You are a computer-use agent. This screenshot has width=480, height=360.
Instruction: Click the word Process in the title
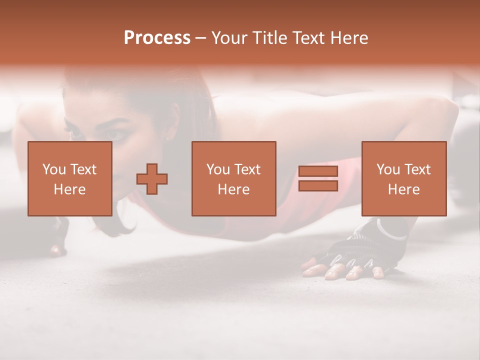coord(157,38)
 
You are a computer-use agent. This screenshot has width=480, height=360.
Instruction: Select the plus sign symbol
coord(152,179)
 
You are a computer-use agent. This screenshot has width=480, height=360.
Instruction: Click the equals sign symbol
coord(318,179)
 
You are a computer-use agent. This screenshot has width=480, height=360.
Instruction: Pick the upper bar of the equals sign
coord(318,171)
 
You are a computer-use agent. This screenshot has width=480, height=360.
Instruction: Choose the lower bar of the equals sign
coord(318,186)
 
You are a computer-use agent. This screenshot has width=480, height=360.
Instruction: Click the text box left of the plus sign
coord(69,179)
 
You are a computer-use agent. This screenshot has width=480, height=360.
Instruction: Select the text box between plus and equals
coord(233,179)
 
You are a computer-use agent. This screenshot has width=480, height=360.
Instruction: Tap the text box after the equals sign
coord(403,179)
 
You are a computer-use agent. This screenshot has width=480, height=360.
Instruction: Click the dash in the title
coord(200,38)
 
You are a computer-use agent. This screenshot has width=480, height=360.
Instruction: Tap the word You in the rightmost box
coord(387,169)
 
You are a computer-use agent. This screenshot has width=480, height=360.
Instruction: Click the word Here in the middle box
coord(233,189)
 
